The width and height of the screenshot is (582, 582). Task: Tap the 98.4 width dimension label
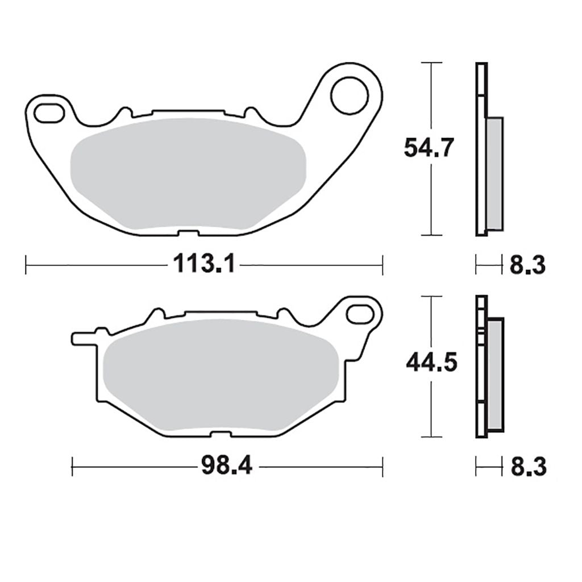[227, 466]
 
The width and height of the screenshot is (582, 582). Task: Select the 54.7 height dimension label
[429, 147]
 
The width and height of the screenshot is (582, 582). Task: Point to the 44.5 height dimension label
[432, 362]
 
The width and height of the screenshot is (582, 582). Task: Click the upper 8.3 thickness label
[527, 265]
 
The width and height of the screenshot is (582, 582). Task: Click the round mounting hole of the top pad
[350, 95]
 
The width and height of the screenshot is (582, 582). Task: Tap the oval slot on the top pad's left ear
[49, 113]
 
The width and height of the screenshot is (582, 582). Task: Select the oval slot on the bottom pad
[360, 313]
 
